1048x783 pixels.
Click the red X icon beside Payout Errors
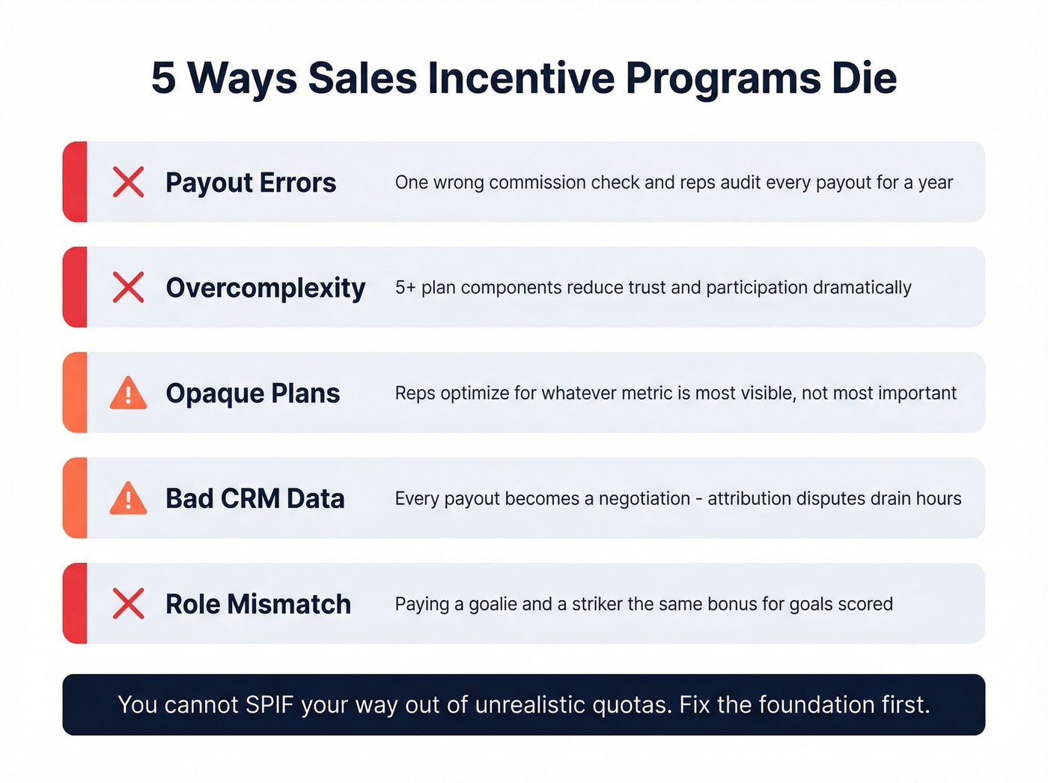pos(128,182)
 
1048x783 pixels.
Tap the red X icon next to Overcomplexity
pos(128,288)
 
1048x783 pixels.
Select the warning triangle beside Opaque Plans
pos(128,393)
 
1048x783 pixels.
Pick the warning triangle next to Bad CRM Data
pos(128,499)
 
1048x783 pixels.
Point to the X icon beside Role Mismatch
pos(128,604)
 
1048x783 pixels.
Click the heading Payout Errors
pos(251,183)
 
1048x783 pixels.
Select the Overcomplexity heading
pos(266,288)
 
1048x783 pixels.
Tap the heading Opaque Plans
pos(253,393)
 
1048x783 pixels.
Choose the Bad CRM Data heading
pos(255,499)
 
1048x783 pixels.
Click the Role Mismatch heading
pos(258,604)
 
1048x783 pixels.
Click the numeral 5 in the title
pos(163,78)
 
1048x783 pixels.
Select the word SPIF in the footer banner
pos(267,705)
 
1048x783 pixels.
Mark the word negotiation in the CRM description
pos(645,499)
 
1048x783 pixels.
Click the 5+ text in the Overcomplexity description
pos(405,288)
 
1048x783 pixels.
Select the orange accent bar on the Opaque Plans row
pos(75,393)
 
